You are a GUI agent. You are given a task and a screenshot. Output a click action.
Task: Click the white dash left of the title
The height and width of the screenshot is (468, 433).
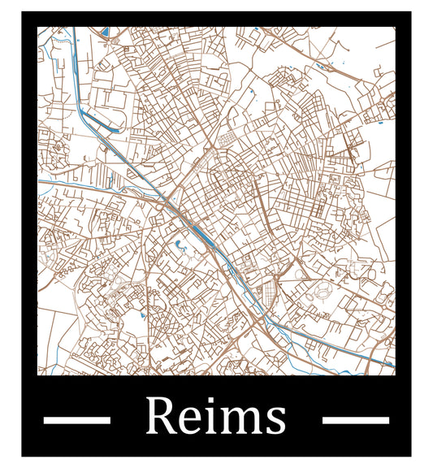tap(76, 420)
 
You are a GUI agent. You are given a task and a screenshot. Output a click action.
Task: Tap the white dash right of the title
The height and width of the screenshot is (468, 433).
tap(356, 420)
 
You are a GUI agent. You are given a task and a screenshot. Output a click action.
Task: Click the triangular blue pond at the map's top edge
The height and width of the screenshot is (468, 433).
tap(104, 32)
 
